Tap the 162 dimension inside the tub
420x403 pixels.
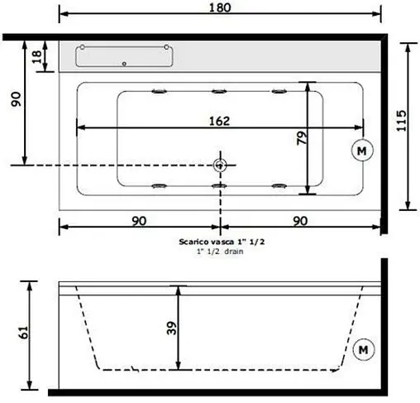pyautogui.click(x=219, y=120)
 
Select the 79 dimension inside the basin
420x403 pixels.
pyautogui.click(x=303, y=138)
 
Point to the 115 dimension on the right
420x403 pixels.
pyautogui.click(x=400, y=124)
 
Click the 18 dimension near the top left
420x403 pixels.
pyautogui.click(x=36, y=56)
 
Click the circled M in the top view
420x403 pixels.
pyautogui.click(x=361, y=150)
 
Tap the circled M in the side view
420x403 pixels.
pyautogui.click(x=361, y=350)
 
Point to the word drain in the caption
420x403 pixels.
pyautogui.click(x=233, y=251)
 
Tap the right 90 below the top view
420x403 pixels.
pyautogui.click(x=299, y=221)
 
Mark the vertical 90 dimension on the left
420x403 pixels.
pyautogui.click(x=15, y=100)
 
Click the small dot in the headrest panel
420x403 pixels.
pyautogui.click(x=124, y=63)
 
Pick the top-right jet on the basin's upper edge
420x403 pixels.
pyautogui.click(x=279, y=89)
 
